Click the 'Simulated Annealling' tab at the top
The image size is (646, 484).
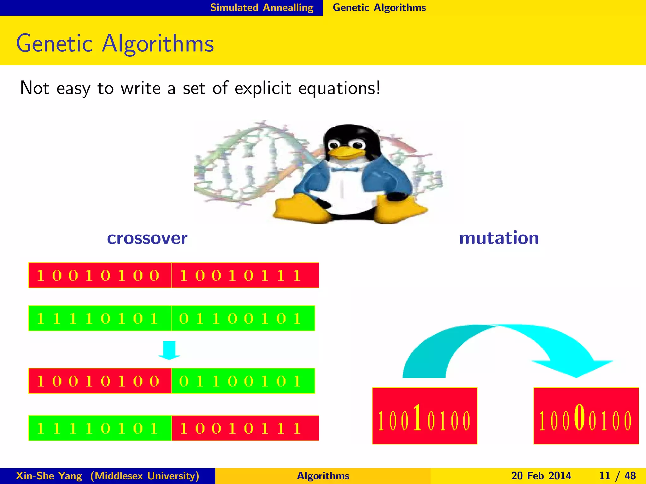(x=262, y=8)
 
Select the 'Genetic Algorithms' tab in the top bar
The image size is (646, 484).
(x=379, y=8)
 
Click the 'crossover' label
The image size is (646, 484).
(x=147, y=238)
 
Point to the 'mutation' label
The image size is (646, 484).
(x=499, y=238)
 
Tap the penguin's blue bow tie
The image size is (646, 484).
(x=344, y=170)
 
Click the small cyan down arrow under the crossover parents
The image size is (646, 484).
(x=169, y=350)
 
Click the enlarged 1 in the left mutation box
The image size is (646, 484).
(x=417, y=417)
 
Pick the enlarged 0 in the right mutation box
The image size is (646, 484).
(x=579, y=417)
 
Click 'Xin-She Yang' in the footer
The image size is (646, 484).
(x=49, y=476)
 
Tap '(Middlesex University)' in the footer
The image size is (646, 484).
(x=145, y=476)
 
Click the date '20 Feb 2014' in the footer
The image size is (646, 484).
(x=541, y=476)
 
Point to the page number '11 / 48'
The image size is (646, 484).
(x=617, y=476)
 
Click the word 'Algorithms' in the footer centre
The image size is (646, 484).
(x=323, y=476)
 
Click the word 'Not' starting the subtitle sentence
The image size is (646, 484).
(x=34, y=88)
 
